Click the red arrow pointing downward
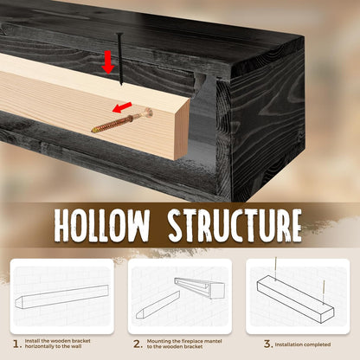(108, 61)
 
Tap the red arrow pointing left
(122, 107)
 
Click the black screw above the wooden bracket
(120, 59)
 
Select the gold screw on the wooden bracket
(122, 120)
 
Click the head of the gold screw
(148, 112)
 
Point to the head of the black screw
(120, 35)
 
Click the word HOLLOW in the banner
(102, 226)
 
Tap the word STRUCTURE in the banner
(235, 226)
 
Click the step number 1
(17, 344)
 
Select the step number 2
(138, 344)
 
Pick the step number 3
(268, 344)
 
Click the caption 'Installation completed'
(303, 344)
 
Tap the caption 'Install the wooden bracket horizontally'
(57, 344)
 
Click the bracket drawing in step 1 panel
(61, 297)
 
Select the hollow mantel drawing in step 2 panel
(200, 288)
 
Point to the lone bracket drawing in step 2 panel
(157, 305)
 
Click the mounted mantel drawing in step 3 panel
(295, 299)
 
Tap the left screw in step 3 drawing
(276, 269)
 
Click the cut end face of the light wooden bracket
(182, 129)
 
